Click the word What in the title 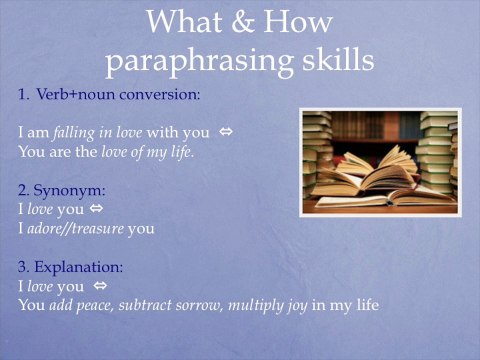[x=185, y=22]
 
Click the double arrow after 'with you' [x=226, y=132]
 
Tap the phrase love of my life [x=149, y=151]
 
